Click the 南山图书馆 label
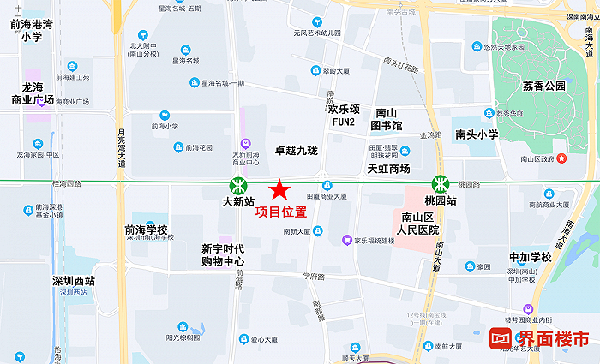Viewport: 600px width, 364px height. pyautogui.click(x=386, y=119)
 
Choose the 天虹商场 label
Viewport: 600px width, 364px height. pyautogui.click(x=388, y=169)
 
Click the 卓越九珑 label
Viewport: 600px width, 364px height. pyautogui.click(x=296, y=151)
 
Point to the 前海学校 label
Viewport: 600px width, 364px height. pyautogui.click(x=146, y=230)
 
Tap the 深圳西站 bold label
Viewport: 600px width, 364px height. pyautogui.click(x=72, y=281)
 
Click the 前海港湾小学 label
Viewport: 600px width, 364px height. pyautogui.click(x=33, y=31)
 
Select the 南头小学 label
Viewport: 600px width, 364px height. pyautogui.click(x=477, y=134)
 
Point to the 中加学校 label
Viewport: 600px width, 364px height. pyautogui.click(x=530, y=257)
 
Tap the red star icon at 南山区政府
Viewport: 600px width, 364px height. pyautogui.click(x=561, y=158)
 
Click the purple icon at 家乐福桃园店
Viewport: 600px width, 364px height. pyautogui.click(x=346, y=240)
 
